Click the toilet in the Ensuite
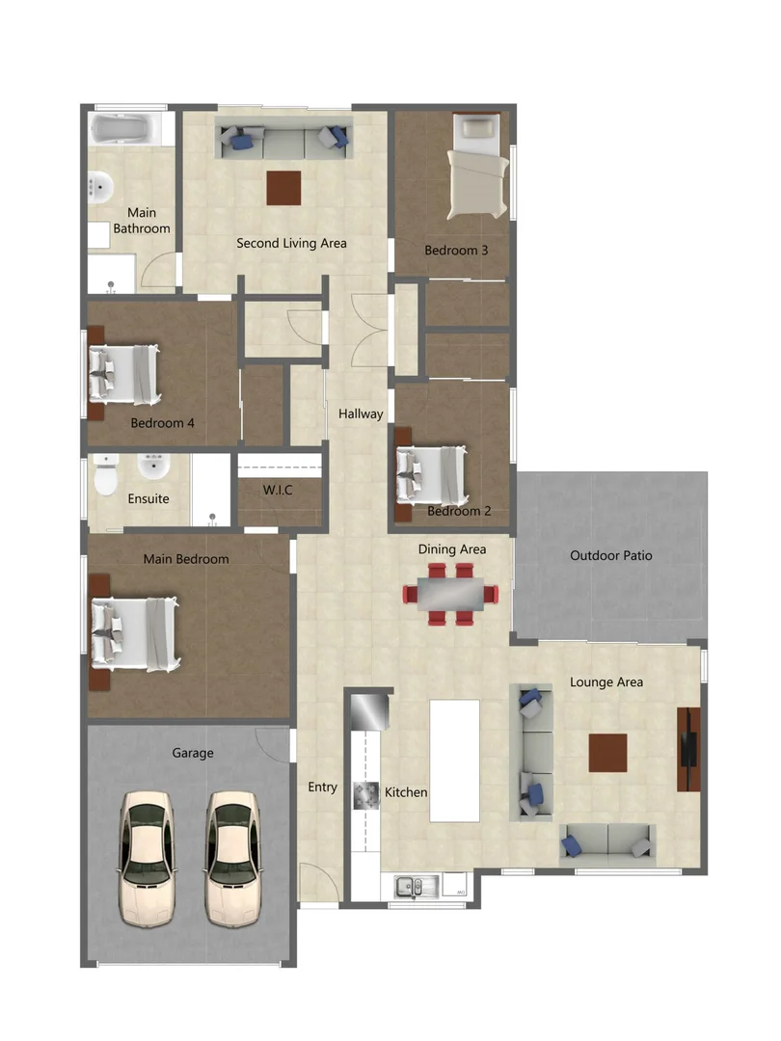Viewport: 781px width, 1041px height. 106,475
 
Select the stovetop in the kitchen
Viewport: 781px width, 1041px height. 366,794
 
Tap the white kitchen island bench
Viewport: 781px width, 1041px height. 454,760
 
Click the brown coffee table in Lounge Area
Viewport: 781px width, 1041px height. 607,753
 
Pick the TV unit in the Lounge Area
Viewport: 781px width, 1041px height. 688,749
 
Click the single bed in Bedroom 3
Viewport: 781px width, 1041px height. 477,170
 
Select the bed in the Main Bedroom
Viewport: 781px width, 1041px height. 135,633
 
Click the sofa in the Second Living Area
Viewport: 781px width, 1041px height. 283,143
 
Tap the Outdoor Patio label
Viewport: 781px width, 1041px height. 610,555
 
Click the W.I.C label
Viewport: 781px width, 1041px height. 278,491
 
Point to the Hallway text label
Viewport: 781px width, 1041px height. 361,414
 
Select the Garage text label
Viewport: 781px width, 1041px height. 193,753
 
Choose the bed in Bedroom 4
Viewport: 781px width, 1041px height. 124,374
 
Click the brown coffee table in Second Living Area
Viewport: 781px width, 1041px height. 283,187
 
